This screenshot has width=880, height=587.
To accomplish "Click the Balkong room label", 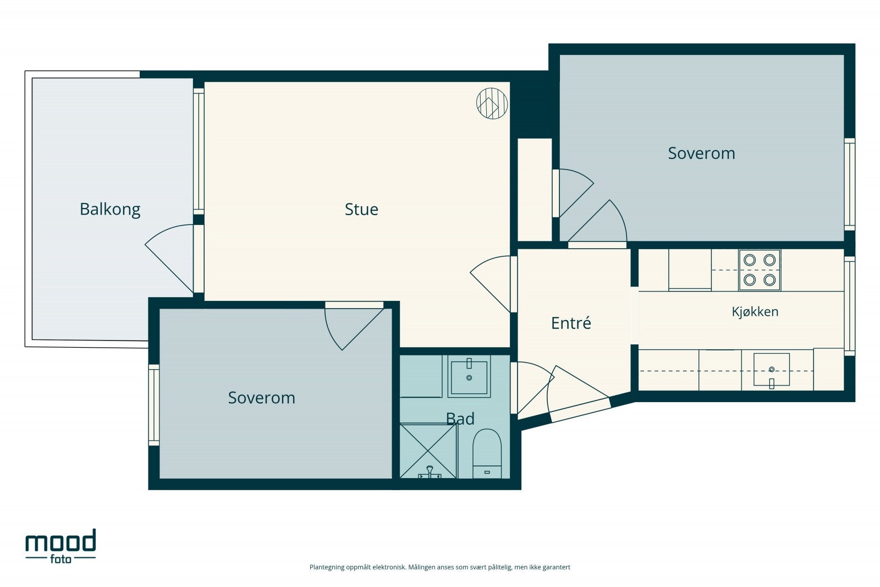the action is (x=110, y=210).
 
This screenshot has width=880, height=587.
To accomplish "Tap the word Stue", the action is (x=361, y=210).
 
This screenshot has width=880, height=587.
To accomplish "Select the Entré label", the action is (x=571, y=323).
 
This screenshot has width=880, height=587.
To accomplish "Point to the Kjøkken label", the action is (x=755, y=311).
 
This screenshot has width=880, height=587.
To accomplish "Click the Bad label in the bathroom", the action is (x=460, y=419).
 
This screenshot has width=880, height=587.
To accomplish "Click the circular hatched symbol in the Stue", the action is (x=492, y=103).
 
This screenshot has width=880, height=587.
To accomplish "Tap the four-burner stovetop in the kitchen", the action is (x=760, y=270).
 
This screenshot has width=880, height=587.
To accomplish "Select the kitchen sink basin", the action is (x=771, y=370).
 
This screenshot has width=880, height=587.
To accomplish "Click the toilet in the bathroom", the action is (x=487, y=454).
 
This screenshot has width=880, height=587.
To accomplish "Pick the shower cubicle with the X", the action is (x=428, y=451).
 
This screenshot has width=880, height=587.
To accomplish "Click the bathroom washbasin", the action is (x=469, y=377).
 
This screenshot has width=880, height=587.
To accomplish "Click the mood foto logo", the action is (x=61, y=546).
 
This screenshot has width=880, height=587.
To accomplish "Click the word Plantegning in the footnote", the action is (x=327, y=567).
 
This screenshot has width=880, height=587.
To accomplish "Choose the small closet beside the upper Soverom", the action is (x=535, y=190).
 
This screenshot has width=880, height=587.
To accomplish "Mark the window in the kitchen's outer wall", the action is (x=849, y=306).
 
